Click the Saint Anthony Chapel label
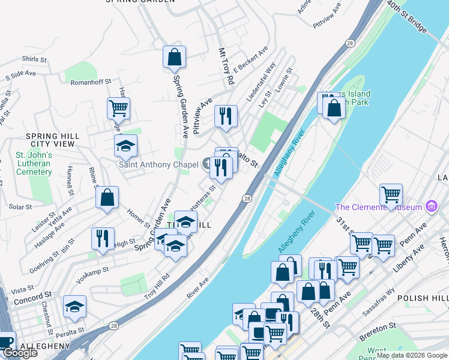(158, 164)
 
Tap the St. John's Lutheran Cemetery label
(34, 163)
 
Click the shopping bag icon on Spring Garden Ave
(173, 58)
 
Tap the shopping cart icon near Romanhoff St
(118, 109)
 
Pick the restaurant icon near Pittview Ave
(226, 116)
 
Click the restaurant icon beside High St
(102, 238)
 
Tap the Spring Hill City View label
(53, 140)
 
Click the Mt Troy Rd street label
(226, 65)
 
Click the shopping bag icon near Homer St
(107, 197)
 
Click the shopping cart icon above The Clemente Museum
(391, 194)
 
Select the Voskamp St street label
(91, 271)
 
